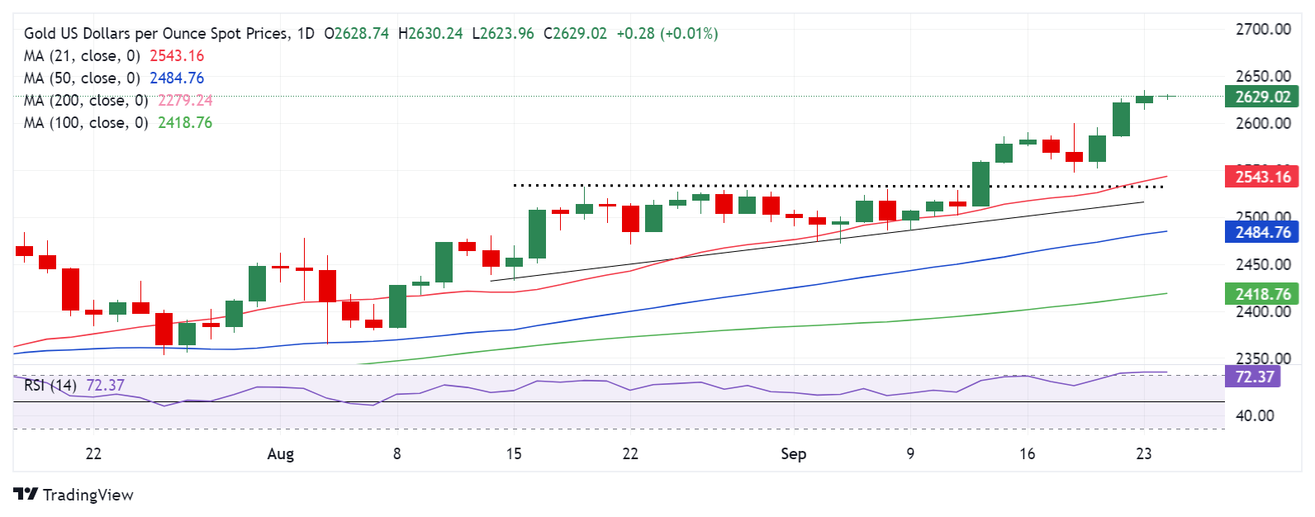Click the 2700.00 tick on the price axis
point(1262,30)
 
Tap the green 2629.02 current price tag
point(1262,97)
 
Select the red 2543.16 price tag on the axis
point(1262,177)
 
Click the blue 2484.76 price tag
point(1262,232)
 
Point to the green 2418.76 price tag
point(1262,294)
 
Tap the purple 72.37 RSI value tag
point(1254,377)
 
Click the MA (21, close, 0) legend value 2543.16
point(177,56)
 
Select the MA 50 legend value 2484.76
point(177,78)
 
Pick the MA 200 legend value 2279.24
point(185,101)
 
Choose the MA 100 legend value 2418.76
point(185,123)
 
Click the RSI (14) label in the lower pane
point(50,386)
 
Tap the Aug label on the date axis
point(281,454)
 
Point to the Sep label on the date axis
point(793,454)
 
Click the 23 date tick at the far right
point(1143,454)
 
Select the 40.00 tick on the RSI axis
point(1254,415)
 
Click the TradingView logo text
point(88,495)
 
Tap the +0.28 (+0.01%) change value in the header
point(667,34)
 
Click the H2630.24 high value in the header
point(430,34)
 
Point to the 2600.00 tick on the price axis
point(1262,124)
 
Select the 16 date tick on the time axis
point(1027,454)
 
